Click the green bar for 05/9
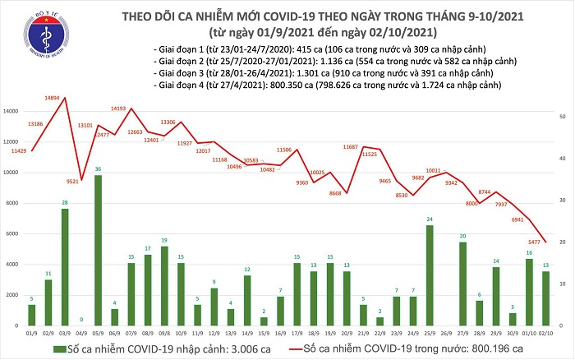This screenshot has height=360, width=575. [99, 251]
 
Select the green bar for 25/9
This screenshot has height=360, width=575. [430, 275]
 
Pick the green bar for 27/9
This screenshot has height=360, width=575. [463, 284]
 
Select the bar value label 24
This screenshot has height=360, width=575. [430, 219]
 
